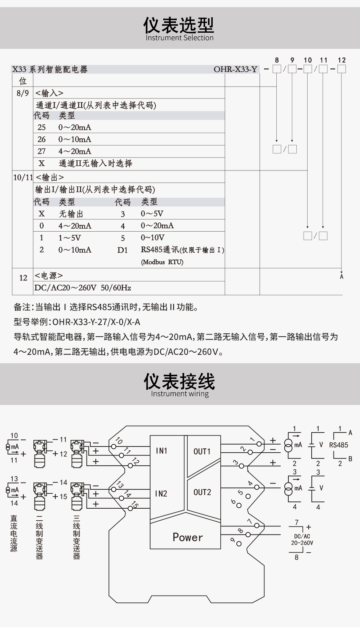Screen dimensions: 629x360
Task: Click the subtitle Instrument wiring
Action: (180, 394)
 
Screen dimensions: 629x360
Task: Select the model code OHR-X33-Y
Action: (235, 69)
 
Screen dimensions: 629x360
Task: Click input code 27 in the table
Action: (41, 151)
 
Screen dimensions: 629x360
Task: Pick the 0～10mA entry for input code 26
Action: (75, 139)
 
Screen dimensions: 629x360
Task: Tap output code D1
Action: (123, 250)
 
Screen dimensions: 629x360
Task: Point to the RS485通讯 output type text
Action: (160, 250)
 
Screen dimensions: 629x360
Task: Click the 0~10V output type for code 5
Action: (153, 238)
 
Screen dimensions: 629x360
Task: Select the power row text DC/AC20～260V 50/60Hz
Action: (83, 288)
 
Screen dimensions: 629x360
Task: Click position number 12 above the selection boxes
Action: (341, 60)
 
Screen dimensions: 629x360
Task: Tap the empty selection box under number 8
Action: (277, 69)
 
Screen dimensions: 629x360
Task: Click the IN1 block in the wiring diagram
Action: (161, 451)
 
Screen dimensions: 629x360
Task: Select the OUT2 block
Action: (202, 492)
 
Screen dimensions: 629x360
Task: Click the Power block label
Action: (188, 537)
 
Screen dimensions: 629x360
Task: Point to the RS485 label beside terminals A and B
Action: (339, 445)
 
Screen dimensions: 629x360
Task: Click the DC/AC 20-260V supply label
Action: (302, 540)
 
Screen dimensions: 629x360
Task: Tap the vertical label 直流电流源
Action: (14, 533)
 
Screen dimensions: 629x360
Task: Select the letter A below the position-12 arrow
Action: (341, 277)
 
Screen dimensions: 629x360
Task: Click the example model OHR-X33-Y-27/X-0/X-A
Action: (96, 322)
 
